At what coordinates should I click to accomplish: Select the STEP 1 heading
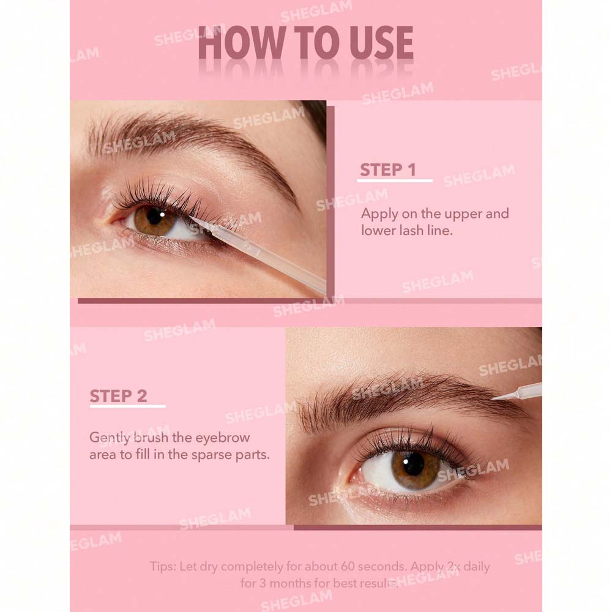[388, 170]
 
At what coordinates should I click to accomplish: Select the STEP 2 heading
[118, 396]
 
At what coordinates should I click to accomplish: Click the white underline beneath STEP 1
[395, 181]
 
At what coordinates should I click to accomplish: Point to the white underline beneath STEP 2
[128, 406]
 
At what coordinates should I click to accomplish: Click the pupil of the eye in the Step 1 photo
[155, 216]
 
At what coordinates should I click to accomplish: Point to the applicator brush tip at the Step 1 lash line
[193, 219]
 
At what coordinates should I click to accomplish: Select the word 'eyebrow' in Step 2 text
[223, 438]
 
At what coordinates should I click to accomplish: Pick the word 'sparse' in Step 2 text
[214, 455]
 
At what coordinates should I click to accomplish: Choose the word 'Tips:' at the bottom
[163, 567]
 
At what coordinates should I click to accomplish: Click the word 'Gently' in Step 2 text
[110, 438]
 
